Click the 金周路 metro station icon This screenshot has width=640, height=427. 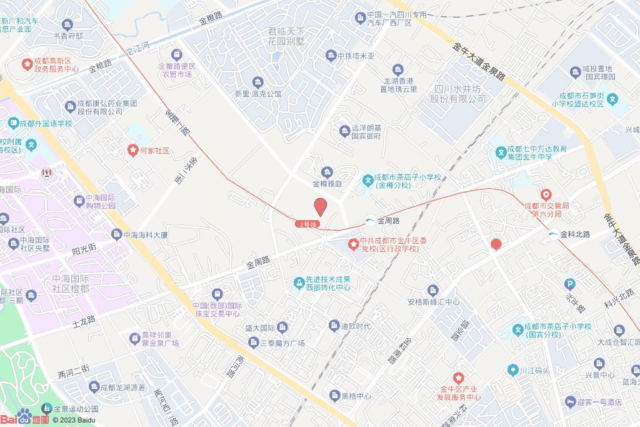tap(370, 221)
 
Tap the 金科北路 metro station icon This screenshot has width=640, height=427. tap(553, 234)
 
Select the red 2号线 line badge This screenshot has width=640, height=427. tap(309, 223)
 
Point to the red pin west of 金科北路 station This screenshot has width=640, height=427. tap(496, 244)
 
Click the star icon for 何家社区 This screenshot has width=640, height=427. tap(132, 151)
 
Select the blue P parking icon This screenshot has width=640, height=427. tap(569, 283)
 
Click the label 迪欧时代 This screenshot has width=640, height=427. tap(355, 326)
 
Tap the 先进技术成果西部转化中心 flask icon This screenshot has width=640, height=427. tap(299, 283)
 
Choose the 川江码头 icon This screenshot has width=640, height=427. tap(512, 369)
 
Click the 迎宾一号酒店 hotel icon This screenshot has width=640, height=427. tap(569, 401)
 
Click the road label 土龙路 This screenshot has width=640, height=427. tap(84, 322)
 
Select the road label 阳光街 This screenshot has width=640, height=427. tap(84, 249)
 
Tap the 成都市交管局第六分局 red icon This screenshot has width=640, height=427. tap(546, 195)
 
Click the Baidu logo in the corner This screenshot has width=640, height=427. tap(25, 418)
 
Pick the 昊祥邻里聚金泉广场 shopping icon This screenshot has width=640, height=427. tap(134, 338)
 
